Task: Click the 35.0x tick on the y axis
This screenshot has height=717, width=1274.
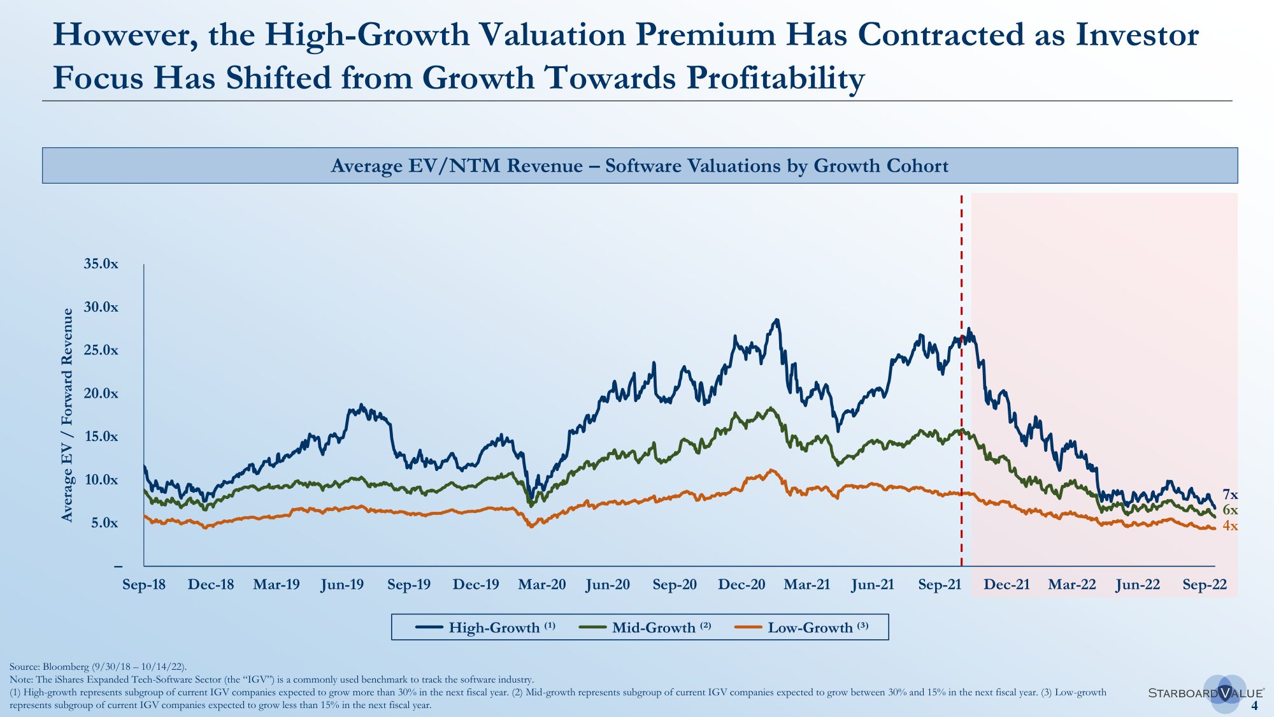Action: [x=101, y=264]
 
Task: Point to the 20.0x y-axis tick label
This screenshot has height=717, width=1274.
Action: [x=101, y=393]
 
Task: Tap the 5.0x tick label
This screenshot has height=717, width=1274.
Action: [x=104, y=523]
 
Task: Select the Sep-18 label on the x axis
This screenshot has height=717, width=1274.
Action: [x=144, y=584]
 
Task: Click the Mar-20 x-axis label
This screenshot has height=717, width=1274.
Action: [x=541, y=584]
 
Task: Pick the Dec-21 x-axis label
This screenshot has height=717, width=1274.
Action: [x=1006, y=584]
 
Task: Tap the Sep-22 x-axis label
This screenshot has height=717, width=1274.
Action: [x=1204, y=584]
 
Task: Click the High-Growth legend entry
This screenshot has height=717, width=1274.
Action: [x=485, y=627]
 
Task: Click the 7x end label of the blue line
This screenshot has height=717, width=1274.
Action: [x=1230, y=495]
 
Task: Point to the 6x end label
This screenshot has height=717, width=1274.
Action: [x=1230, y=510]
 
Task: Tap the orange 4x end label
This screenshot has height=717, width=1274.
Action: [x=1230, y=526]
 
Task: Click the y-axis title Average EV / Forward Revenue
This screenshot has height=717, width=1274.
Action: [x=68, y=415]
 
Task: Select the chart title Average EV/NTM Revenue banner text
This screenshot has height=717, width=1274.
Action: [x=640, y=166]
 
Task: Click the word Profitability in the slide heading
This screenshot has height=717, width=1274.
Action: [x=775, y=78]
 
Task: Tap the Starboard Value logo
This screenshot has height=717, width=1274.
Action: [x=1206, y=693]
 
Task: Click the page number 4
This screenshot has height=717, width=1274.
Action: [x=1254, y=706]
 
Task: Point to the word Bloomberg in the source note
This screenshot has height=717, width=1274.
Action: [x=66, y=667]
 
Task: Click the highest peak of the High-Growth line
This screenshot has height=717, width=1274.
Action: [x=776, y=320]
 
